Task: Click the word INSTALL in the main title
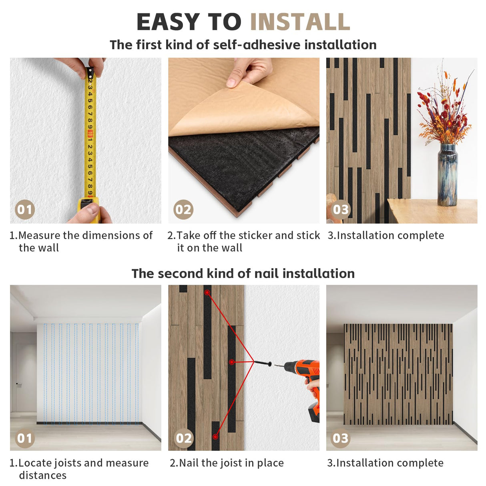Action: click(x=300, y=22)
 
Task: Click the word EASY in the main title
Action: click(x=168, y=22)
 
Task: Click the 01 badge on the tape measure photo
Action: click(x=25, y=209)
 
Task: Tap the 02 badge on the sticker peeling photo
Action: click(x=183, y=209)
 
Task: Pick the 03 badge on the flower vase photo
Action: click(x=341, y=209)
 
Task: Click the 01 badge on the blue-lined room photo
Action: click(x=25, y=438)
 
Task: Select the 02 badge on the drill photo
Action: click(x=183, y=438)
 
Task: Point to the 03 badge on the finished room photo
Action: click(x=340, y=438)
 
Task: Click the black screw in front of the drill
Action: click(x=263, y=363)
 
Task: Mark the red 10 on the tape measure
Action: click(x=90, y=134)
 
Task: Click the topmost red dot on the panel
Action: click(x=207, y=293)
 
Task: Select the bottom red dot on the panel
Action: click(x=215, y=437)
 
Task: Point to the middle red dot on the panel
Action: click(x=232, y=362)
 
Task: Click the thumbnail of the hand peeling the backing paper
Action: click(x=244, y=141)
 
